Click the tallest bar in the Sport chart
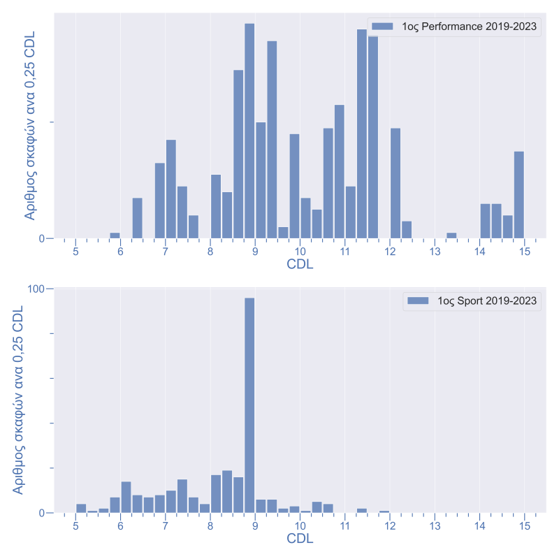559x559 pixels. (249, 405)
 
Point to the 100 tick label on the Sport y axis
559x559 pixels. (36, 289)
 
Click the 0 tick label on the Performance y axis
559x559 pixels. (42, 238)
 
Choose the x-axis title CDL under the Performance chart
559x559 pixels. (300, 265)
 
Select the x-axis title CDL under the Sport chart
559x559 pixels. (300, 539)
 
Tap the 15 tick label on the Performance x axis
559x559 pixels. (523, 252)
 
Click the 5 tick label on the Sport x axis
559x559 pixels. (75, 525)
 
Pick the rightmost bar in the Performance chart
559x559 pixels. (518, 195)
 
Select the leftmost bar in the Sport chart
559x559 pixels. (81, 508)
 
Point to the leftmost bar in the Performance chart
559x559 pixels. (115, 235)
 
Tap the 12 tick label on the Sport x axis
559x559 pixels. (389, 525)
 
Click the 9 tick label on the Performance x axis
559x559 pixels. (255, 252)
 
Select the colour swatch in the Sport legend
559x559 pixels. (417, 300)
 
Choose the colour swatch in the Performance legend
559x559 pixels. (383, 27)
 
